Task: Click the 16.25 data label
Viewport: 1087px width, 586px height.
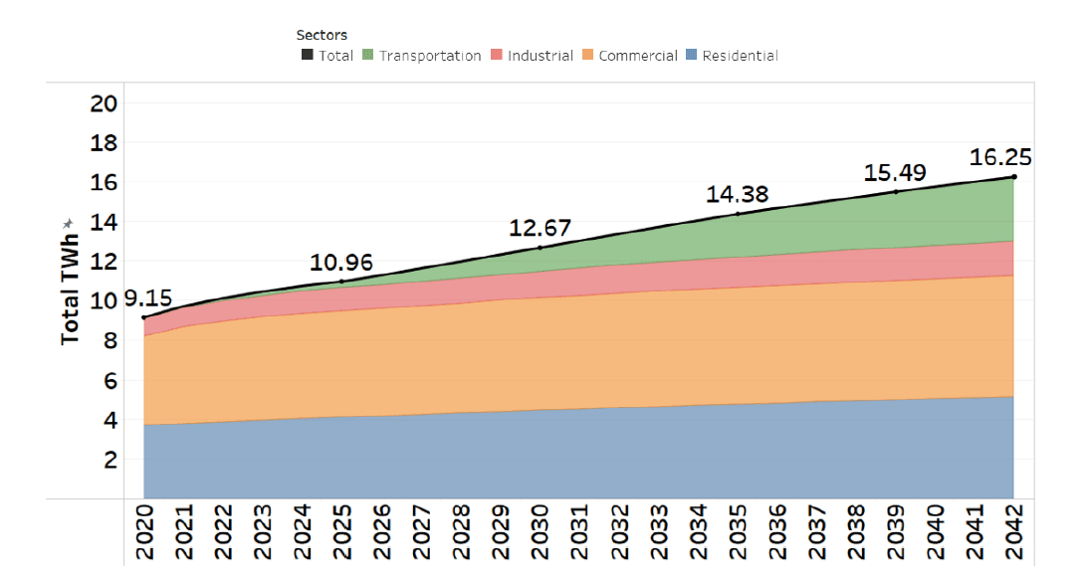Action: [x=1000, y=157]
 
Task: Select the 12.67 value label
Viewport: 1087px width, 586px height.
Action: [x=540, y=228]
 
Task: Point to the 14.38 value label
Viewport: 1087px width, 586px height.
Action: [x=738, y=194]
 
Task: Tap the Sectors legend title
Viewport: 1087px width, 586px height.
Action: [x=322, y=35]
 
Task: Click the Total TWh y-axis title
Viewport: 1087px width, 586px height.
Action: [x=70, y=282]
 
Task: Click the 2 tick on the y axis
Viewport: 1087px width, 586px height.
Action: [x=111, y=460]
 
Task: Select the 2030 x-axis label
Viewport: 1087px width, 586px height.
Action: [x=540, y=534]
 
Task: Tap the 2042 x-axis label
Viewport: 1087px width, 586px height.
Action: [x=1013, y=534]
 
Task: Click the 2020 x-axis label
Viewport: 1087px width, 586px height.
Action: [x=144, y=534]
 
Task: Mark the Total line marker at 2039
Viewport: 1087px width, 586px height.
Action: [x=895, y=191]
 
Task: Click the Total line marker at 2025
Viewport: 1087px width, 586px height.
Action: [x=341, y=282]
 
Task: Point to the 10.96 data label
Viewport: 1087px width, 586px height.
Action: [x=341, y=263]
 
